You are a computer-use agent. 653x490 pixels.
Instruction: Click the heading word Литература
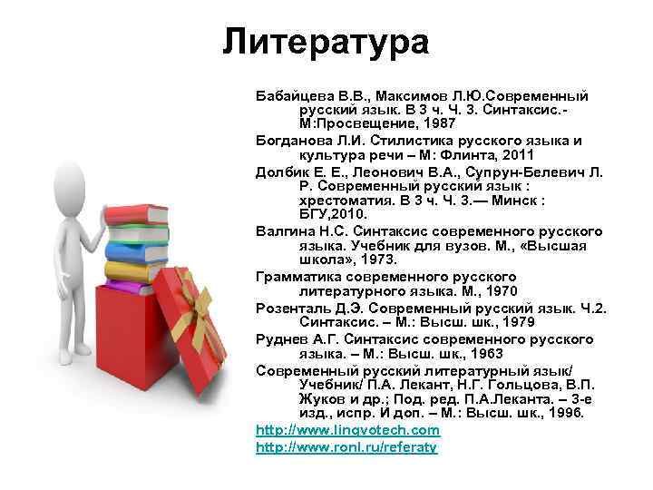pyautogui.click(x=326, y=41)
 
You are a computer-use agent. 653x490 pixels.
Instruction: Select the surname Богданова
pyautogui.click(x=292, y=141)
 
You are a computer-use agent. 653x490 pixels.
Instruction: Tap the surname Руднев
pyautogui.click(x=279, y=338)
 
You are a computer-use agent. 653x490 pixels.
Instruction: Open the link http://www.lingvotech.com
pyautogui.click(x=347, y=430)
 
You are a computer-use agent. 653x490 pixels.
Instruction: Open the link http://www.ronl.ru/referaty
pyautogui.click(x=346, y=446)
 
